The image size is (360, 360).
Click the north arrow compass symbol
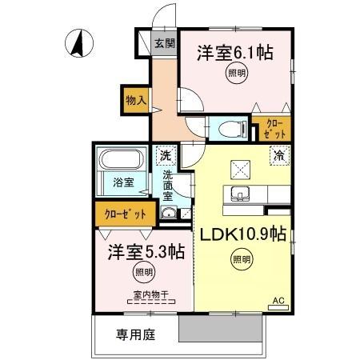78,43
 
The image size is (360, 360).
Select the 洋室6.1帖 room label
235,53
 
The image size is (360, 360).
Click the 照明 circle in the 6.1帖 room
236,74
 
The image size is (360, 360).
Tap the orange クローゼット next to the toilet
263,128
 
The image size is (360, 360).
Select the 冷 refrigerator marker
280,156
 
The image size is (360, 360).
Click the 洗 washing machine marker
165,155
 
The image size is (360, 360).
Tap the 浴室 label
123,182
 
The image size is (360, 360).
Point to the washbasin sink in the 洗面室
168,212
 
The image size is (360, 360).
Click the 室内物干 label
145,294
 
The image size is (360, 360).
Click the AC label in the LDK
278,301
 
